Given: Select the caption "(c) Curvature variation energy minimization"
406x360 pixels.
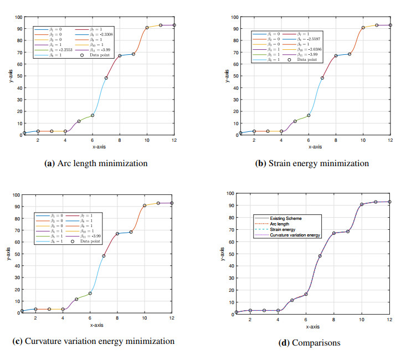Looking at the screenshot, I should (x=94, y=341).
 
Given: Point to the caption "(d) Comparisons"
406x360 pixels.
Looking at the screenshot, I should (x=309, y=343).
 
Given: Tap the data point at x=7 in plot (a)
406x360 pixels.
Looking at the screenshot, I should (x=106, y=78).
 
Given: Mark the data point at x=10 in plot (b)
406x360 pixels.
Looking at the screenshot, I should (x=363, y=28).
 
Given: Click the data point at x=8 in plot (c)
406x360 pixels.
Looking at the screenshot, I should (x=117, y=234).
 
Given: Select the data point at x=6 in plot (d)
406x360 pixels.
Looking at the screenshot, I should (x=306, y=294).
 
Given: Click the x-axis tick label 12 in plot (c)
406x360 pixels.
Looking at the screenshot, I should (x=172, y=318).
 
